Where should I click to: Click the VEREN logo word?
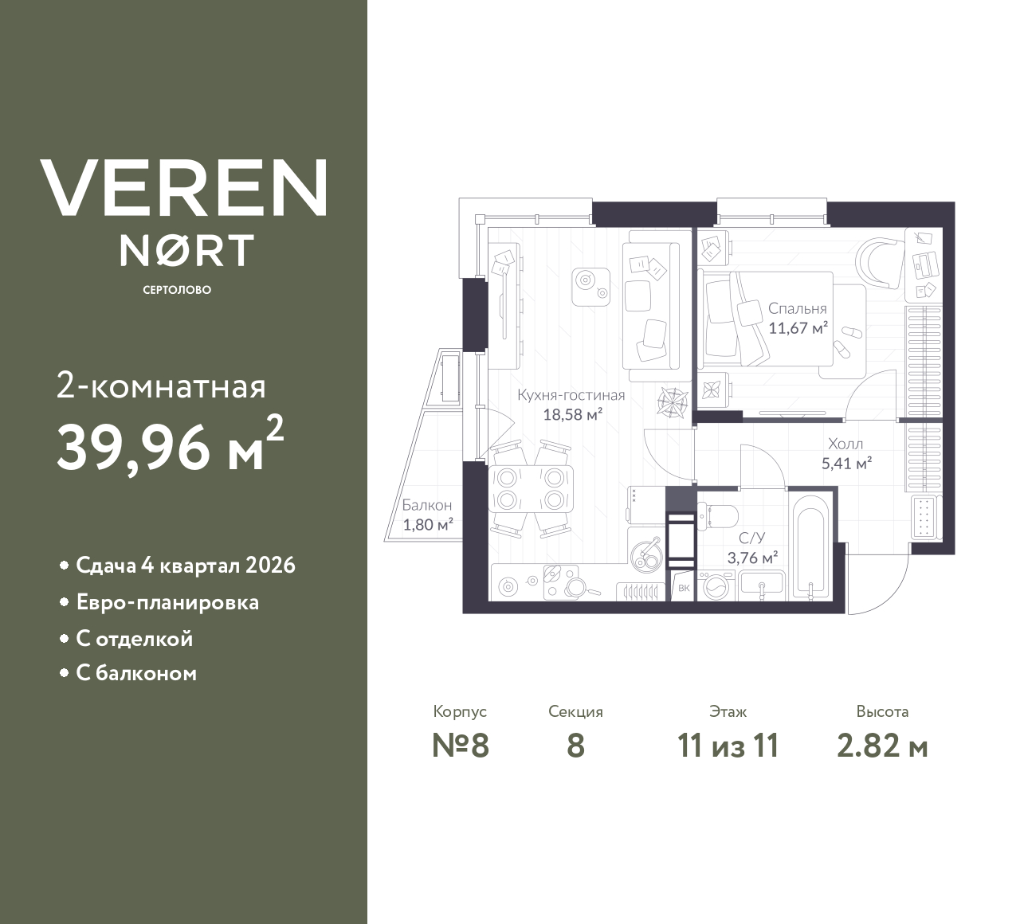(x=183, y=187)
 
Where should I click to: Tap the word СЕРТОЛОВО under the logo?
(x=177, y=290)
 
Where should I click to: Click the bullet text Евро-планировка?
(x=167, y=602)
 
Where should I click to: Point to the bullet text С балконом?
(x=136, y=674)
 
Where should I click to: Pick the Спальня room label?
(x=797, y=308)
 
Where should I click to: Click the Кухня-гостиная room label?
(x=571, y=395)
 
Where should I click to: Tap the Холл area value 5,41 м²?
(x=845, y=463)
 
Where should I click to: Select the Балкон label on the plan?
(x=426, y=505)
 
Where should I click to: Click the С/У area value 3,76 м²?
(x=752, y=558)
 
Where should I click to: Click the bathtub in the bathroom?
(x=812, y=546)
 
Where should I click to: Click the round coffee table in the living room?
(x=590, y=283)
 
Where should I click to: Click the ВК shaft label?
(x=683, y=589)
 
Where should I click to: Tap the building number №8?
(x=460, y=746)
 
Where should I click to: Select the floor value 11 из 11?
(x=727, y=746)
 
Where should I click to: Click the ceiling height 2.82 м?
(x=882, y=746)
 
